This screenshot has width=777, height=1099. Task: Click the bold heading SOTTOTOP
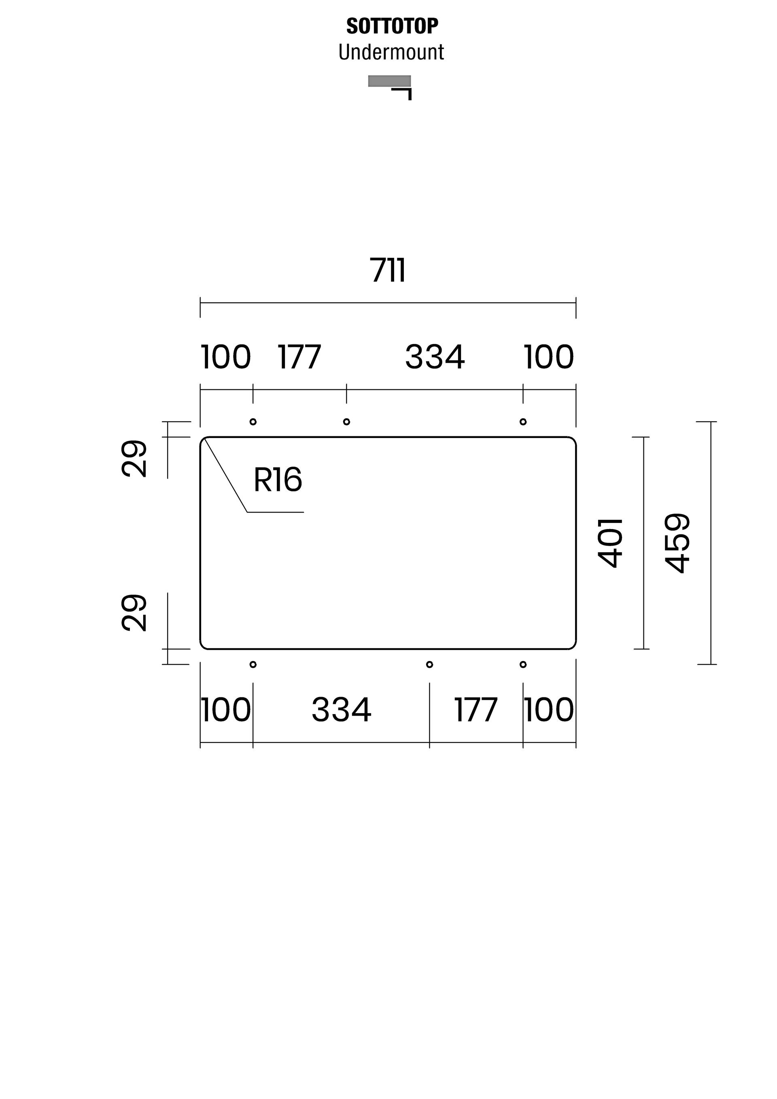tap(392, 26)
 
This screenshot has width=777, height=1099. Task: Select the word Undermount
tap(391, 52)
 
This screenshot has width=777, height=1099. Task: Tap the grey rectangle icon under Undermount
tap(389, 81)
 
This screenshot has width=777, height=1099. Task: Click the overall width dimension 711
tap(388, 270)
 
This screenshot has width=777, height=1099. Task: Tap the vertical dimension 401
tap(611, 543)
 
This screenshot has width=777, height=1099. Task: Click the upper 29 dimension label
tap(134, 458)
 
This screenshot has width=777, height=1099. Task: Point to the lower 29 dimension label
tap(134, 613)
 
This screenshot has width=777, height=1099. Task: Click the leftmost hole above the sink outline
tap(253, 422)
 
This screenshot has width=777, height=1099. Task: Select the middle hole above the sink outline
tap(346, 422)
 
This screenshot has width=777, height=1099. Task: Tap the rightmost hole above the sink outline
tap(523, 422)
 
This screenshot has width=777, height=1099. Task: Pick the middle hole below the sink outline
tap(430, 664)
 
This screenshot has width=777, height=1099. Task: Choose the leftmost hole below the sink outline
tap(253, 664)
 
